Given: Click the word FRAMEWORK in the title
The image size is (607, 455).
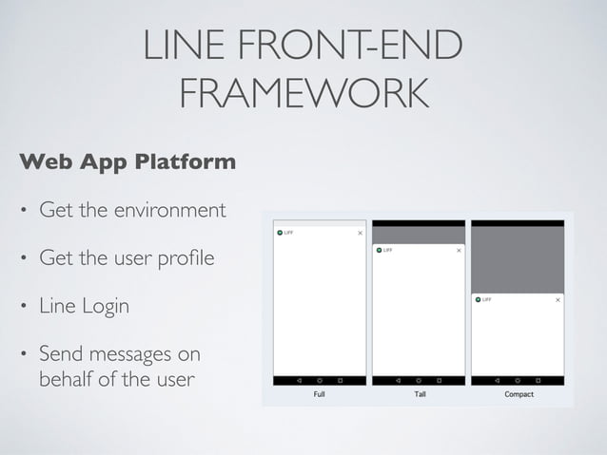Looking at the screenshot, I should click(303, 94).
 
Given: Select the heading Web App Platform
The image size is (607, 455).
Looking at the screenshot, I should click(127, 162).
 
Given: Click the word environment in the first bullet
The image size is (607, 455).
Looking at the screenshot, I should click(167, 209).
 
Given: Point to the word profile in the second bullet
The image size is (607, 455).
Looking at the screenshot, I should click(187, 258).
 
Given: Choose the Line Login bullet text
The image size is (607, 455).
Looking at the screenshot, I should click(84, 308).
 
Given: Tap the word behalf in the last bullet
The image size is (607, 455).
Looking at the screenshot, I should click(63, 380).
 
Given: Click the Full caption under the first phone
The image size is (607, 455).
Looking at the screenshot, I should click(320, 394).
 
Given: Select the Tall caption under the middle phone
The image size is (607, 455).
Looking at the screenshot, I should click(420, 394).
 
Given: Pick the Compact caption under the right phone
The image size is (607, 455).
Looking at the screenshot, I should click(519, 394).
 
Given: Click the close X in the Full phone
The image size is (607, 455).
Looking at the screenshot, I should click(360, 233).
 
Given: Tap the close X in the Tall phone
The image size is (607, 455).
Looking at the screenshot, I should click(459, 251).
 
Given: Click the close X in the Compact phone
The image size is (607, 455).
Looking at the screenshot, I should click(558, 299).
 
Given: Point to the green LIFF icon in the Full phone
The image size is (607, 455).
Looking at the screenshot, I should click(279, 233).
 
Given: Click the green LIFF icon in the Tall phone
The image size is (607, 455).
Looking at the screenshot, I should click(378, 251).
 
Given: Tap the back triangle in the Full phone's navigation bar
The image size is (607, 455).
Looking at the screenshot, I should click(300, 380).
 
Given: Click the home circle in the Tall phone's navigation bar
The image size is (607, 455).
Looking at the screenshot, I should click(420, 380).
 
